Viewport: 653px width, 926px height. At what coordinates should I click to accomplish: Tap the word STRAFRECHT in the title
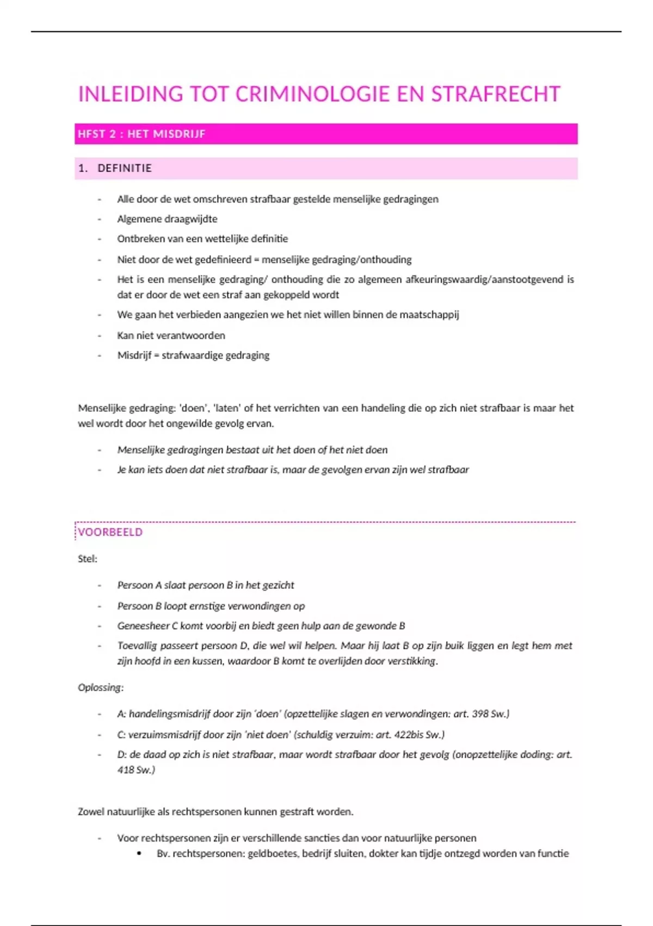click(x=496, y=94)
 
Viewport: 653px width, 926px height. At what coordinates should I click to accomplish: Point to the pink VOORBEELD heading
click(x=110, y=532)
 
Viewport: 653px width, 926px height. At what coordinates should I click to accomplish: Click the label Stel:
click(x=88, y=559)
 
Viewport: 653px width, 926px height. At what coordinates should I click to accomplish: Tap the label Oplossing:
click(x=101, y=687)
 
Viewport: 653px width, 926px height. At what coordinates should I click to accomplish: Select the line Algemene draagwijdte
click(x=167, y=219)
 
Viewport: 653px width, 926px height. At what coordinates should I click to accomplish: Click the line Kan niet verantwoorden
click(x=171, y=336)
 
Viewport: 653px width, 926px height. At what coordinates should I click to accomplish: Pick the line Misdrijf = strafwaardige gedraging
click(x=193, y=355)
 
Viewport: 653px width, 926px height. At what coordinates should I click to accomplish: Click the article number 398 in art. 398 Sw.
click(x=480, y=714)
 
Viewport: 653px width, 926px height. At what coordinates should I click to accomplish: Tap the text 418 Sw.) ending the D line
click(x=136, y=770)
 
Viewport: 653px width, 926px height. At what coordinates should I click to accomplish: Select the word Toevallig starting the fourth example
click(x=138, y=646)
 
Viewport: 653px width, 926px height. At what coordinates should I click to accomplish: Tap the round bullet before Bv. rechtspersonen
click(x=139, y=854)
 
